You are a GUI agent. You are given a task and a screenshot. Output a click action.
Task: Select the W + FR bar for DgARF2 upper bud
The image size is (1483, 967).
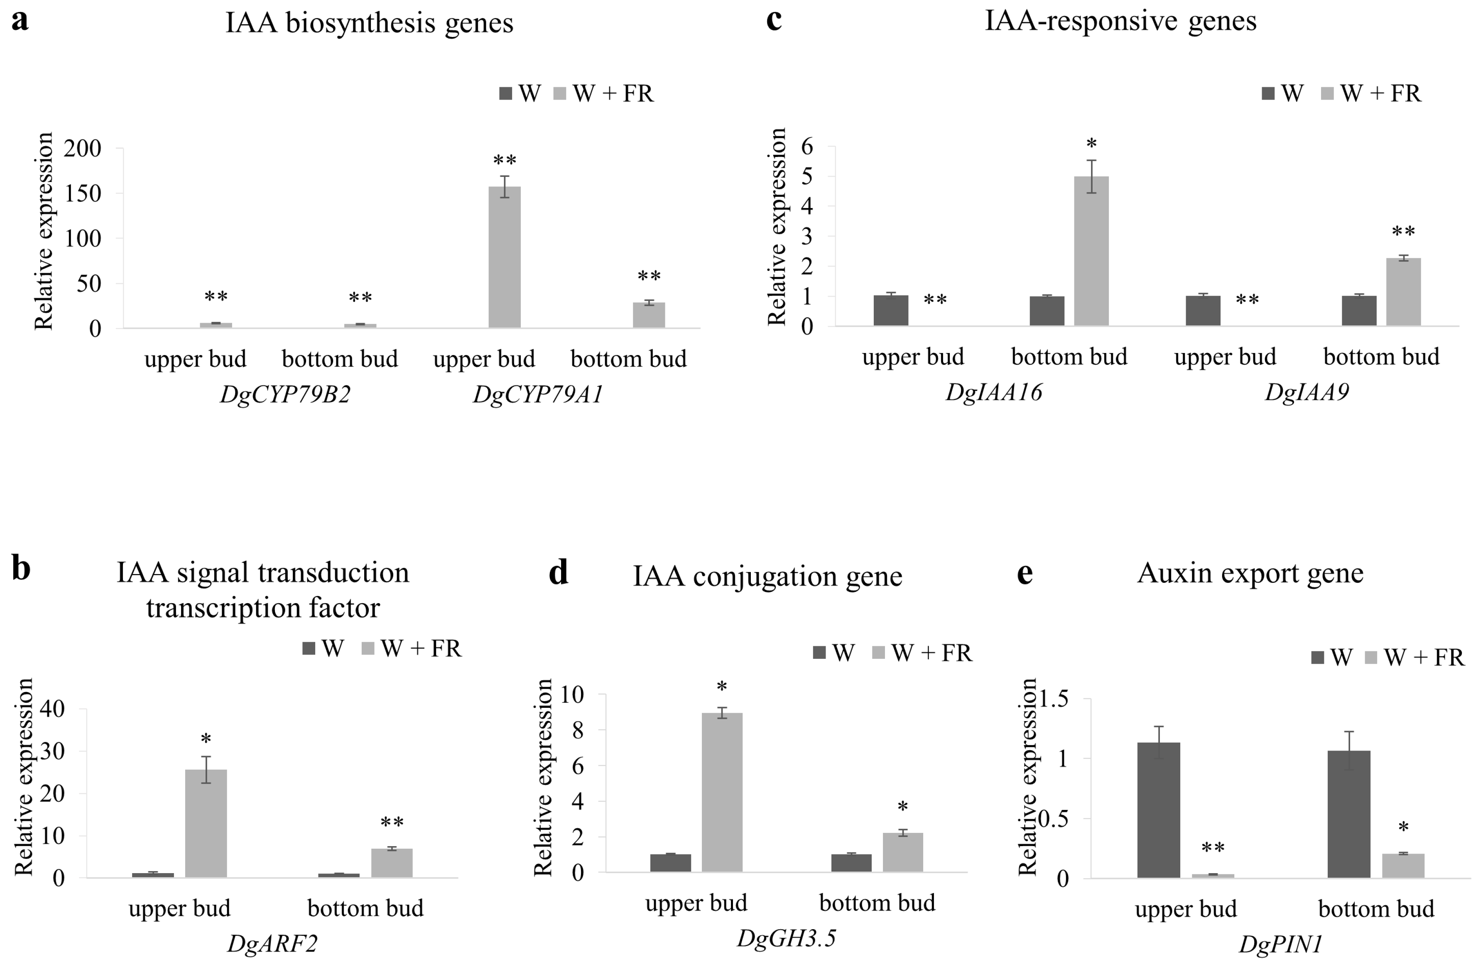click(206, 823)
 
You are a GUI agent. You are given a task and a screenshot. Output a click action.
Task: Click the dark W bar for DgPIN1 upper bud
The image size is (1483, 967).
click(1158, 810)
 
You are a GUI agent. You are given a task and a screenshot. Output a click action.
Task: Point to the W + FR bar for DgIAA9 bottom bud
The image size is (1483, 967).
click(1403, 292)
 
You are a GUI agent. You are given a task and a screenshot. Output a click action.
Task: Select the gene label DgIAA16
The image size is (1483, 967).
click(994, 393)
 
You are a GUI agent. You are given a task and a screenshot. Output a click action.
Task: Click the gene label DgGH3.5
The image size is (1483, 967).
click(786, 938)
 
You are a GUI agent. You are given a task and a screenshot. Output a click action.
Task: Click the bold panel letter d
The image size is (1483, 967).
click(558, 572)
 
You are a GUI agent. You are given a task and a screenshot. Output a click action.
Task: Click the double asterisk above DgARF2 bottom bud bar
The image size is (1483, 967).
click(392, 823)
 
